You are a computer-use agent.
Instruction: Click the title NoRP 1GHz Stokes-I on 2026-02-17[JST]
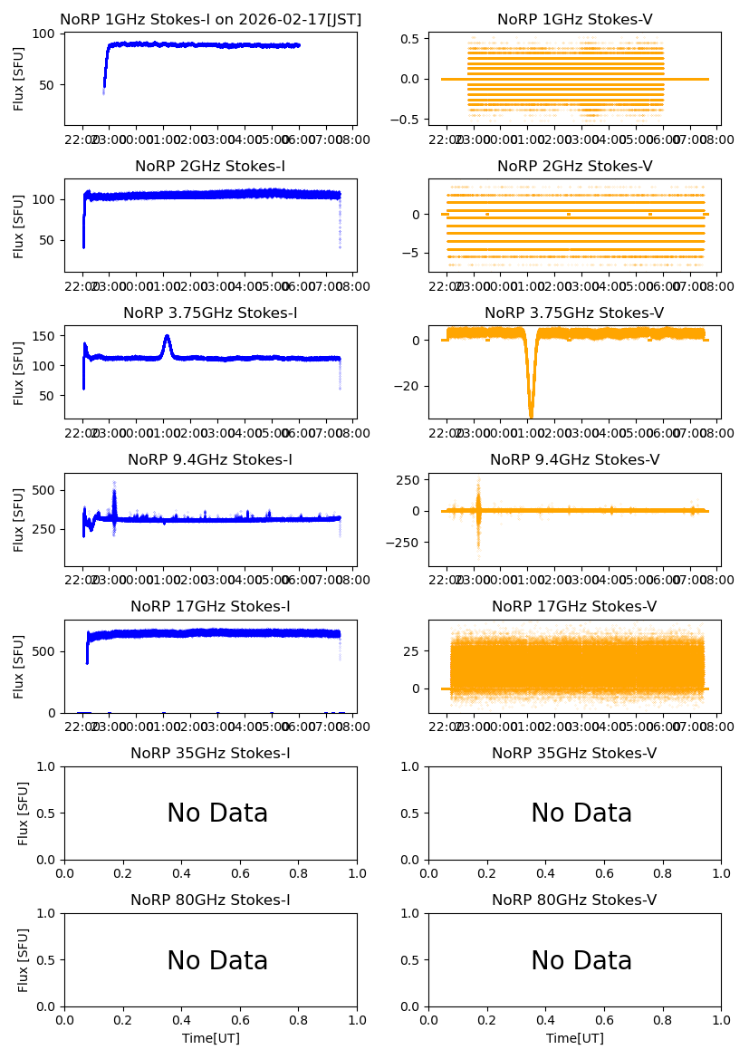tap(210, 19)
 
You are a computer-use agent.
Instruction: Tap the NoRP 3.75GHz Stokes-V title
tap(574, 313)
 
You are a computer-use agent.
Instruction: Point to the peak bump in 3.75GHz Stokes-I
tap(167, 337)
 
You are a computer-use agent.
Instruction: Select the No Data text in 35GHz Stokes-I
tap(217, 814)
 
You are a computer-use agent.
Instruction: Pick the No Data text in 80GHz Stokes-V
tap(581, 960)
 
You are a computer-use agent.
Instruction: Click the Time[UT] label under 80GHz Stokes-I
tap(210, 1038)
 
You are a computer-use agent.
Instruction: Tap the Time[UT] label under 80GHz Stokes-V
tap(574, 1038)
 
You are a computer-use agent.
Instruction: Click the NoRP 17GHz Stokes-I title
tap(210, 607)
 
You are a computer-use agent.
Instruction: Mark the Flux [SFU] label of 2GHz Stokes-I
tap(19, 225)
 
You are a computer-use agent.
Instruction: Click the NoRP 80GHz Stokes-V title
tap(574, 900)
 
